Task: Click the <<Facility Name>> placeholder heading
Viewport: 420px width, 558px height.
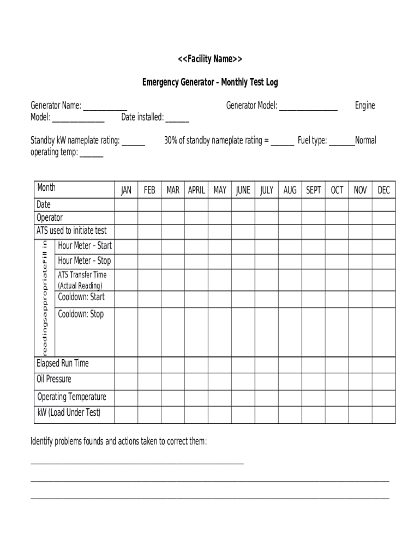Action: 210,59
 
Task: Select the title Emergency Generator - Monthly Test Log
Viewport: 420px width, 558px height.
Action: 210,82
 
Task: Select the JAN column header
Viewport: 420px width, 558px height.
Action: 126,190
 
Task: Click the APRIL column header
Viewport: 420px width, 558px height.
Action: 196,190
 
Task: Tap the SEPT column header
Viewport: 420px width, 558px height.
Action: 314,190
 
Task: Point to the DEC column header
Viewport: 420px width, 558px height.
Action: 384,190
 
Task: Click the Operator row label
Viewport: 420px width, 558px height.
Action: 50,217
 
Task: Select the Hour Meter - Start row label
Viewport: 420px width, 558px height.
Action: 85,246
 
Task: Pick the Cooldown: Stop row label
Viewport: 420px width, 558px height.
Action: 81,314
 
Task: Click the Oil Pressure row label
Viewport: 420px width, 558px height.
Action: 54,379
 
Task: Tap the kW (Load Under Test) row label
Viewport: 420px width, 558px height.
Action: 69,413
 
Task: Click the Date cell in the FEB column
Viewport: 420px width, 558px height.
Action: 149,205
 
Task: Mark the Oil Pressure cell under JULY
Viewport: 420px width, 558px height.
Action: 267,380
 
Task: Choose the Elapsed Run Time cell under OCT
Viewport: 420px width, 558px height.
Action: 337,365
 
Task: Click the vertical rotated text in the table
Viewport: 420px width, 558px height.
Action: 45,297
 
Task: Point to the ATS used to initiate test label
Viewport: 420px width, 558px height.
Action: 71,231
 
